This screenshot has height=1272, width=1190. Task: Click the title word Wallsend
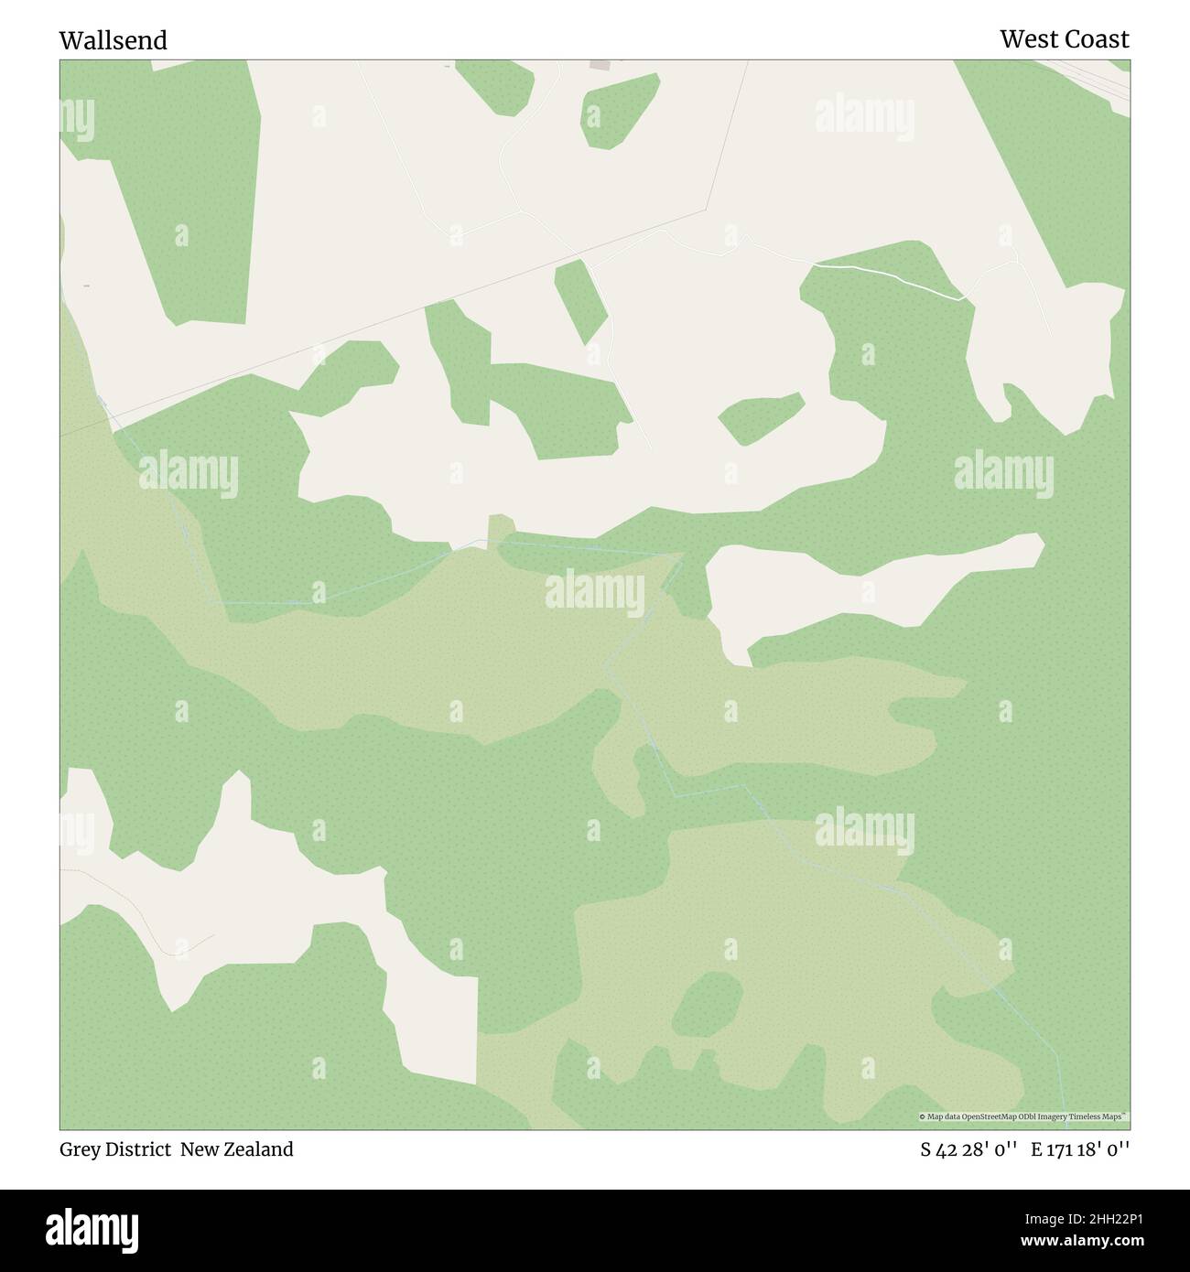[113, 40]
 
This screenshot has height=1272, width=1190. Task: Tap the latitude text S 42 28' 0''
[969, 1149]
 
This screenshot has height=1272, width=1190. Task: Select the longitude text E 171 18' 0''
[1079, 1149]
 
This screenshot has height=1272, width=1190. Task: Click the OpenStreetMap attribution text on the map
[1023, 1116]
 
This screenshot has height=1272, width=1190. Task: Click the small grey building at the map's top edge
[600, 65]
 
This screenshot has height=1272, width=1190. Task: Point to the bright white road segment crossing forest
[888, 276]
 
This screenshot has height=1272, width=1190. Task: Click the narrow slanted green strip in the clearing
[581, 300]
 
